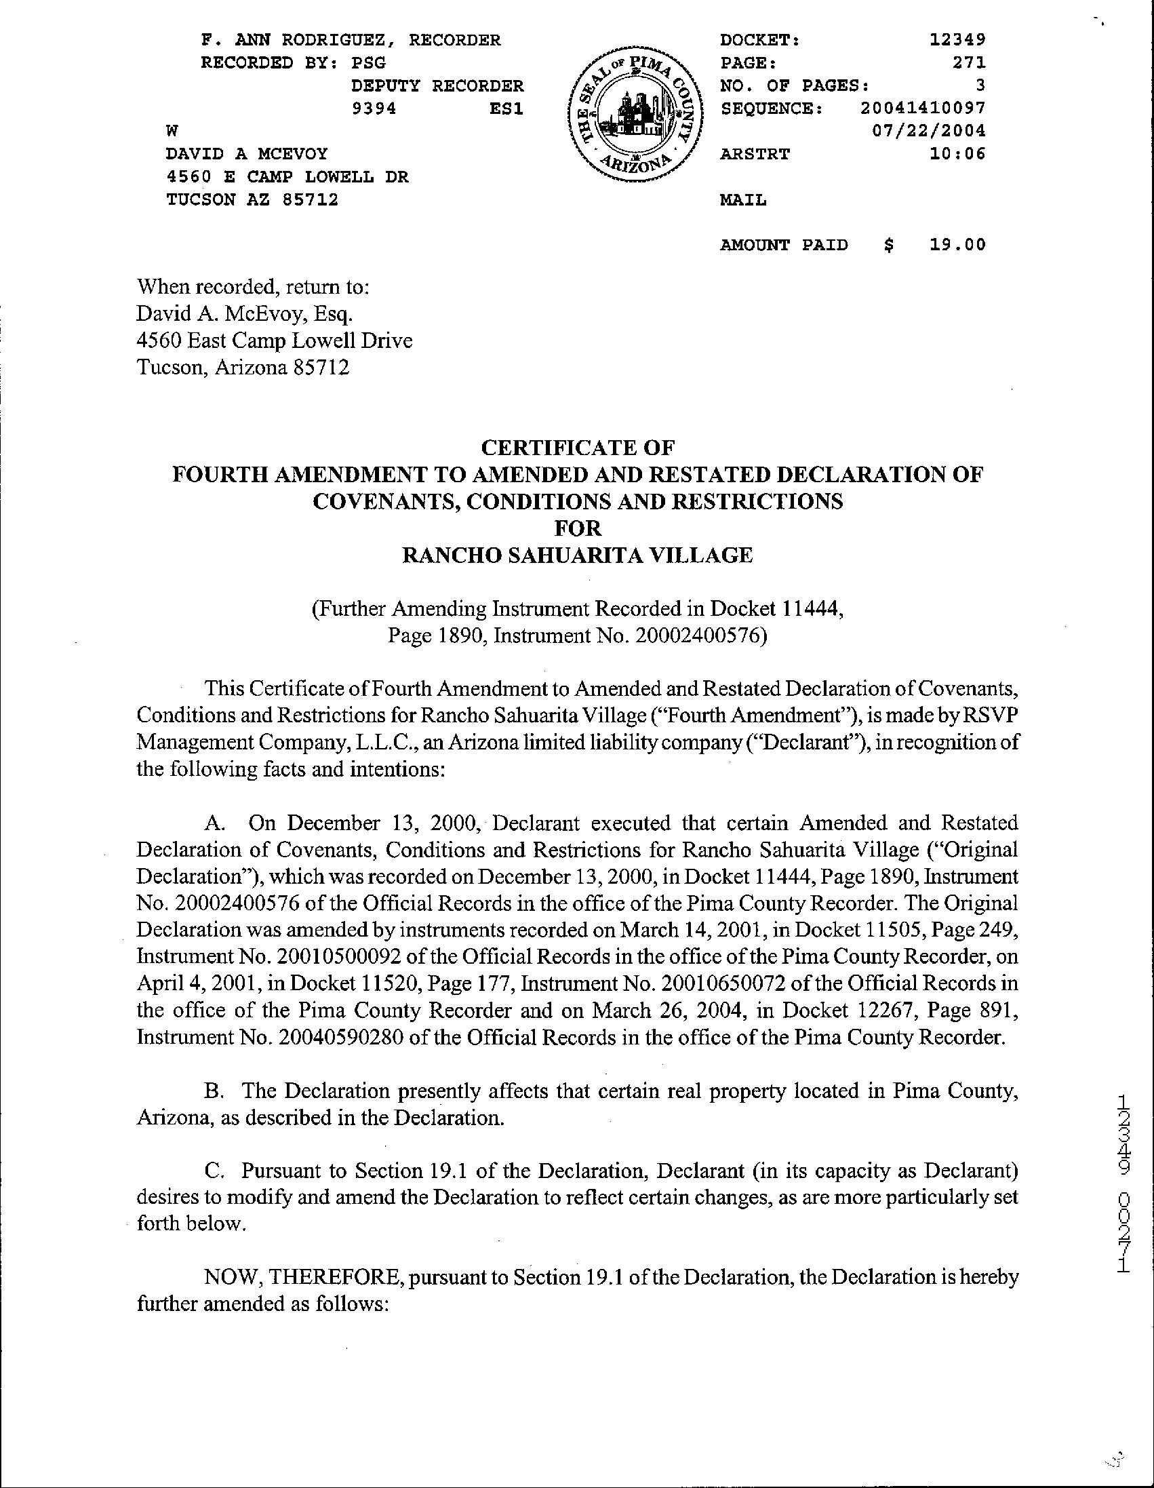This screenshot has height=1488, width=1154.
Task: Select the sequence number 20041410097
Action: click(922, 109)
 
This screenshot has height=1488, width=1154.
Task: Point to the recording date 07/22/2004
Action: click(928, 131)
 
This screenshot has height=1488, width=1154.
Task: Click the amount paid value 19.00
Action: click(958, 246)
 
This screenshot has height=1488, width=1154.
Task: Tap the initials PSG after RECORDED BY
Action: click(369, 62)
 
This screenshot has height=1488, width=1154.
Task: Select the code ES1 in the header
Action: click(507, 109)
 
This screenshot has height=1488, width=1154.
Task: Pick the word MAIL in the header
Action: click(743, 200)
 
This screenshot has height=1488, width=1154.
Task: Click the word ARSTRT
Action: click(755, 154)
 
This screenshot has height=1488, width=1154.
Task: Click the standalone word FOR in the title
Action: click(578, 529)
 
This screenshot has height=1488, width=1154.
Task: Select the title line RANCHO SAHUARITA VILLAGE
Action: click(578, 555)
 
